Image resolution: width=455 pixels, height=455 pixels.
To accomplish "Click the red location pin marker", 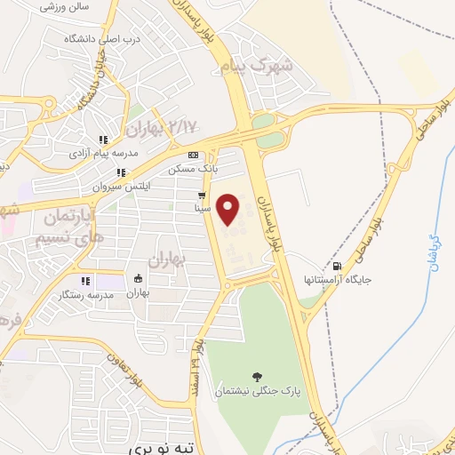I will click(231, 209).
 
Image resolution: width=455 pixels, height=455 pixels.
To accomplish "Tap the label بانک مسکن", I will click(194, 167).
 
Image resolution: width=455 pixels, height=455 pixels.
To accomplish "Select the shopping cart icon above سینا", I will click(203, 196).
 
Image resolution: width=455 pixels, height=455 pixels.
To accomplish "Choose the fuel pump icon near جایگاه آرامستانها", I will click(336, 266).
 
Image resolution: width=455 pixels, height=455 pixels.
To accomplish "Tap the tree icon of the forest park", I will click(257, 377).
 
